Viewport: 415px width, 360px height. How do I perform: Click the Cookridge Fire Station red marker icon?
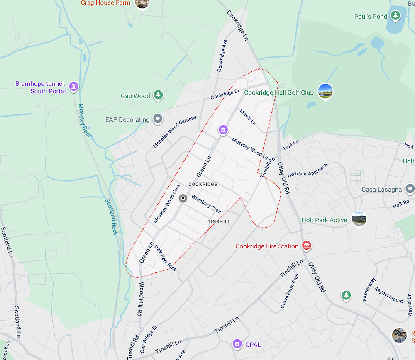pos(307,246)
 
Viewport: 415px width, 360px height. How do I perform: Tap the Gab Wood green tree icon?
pos(158,95)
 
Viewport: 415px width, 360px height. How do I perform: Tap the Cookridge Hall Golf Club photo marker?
pos(325,92)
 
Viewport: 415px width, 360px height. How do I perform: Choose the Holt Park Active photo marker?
pos(359,219)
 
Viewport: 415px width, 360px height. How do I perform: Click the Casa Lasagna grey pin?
pos(410,189)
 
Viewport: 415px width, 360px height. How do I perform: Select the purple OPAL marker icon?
pos(237,344)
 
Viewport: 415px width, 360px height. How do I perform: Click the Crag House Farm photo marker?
pos(142,3)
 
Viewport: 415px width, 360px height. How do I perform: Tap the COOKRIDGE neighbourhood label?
pos(203,184)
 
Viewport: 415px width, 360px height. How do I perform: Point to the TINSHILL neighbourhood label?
pos(219,222)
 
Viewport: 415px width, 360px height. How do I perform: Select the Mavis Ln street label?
pos(247,117)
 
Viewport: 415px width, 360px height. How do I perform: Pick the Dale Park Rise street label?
pos(166,258)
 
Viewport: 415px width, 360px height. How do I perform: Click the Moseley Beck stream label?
pos(85,120)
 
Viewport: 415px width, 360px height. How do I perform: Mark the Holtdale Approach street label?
pos(308,170)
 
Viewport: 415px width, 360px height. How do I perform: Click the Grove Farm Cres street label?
pos(289,291)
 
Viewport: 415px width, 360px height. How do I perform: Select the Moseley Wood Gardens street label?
pos(175,132)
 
